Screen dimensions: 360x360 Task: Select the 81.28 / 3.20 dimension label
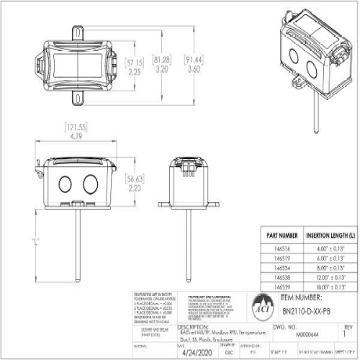(x=162, y=66)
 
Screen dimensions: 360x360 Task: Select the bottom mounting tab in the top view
(x=77, y=95)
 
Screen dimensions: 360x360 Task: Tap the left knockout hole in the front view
(x=65, y=182)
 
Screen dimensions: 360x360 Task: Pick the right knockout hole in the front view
(x=90, y=182)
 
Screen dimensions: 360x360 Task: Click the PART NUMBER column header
(x=282, y=235)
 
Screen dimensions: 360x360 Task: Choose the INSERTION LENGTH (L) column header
(x=324, y=235)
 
